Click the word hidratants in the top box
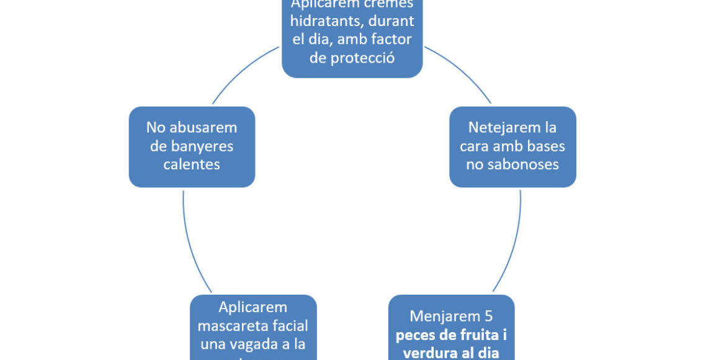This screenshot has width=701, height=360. (x=323, y=22)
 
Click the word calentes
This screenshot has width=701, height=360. (x=192, y=164)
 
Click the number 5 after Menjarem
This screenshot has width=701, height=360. (x=488, y=316)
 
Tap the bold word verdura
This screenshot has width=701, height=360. (x=427, y=353)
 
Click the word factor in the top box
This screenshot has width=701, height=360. (x=390, y=40)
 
